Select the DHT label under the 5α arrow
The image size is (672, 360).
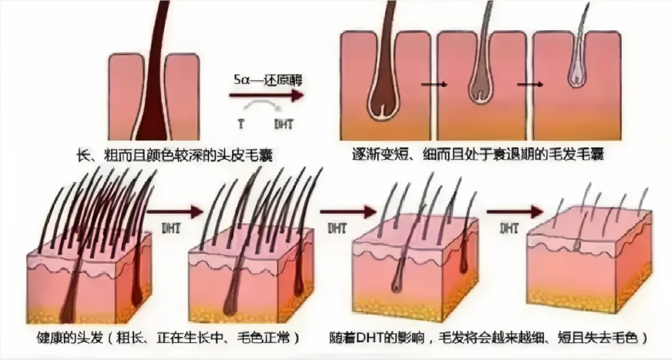coord(283,124)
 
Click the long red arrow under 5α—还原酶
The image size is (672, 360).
coord(266,95)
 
